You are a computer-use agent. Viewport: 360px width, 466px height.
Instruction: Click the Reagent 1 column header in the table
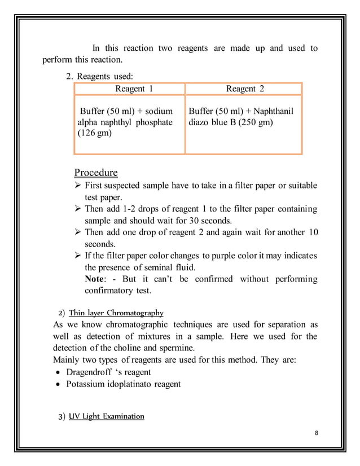click(134, 89)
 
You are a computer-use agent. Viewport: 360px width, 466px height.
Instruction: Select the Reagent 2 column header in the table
click(245, 89)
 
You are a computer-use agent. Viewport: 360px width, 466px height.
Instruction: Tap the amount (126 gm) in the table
click(94, 134)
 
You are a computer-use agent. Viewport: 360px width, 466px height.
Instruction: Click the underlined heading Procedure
click(96, 172)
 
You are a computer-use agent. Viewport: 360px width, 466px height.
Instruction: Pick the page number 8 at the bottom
click(316, 433)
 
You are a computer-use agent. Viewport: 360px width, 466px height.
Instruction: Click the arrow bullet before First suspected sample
click(78, 186)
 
